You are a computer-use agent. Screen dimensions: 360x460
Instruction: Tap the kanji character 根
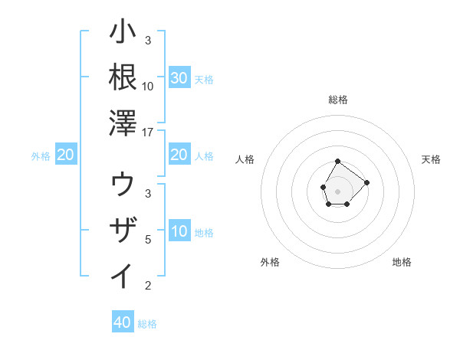pos(123,77)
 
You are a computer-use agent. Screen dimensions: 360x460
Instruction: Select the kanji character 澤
pos(123,123)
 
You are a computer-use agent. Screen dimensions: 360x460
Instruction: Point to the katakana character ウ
pos(123,184)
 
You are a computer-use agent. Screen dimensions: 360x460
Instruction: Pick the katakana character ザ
pos(123,230)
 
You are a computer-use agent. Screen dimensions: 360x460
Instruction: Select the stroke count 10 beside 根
pos(148,86)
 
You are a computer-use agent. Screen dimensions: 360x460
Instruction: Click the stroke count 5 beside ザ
pos(148,240)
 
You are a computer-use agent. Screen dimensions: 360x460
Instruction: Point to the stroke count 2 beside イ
pos(148,286)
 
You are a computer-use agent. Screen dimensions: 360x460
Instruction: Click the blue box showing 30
pos(179,78)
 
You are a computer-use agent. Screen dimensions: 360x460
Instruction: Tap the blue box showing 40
pos(123,322)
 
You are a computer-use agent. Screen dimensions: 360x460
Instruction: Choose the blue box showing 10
pos(179,232)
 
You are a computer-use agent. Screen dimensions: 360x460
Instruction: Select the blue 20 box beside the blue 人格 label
pos(179,155)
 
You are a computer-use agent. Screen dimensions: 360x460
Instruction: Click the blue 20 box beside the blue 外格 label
pos(66,155)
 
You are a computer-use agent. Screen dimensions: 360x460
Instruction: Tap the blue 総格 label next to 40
pos(147,324)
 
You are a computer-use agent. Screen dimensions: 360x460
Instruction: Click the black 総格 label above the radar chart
pos(338,100)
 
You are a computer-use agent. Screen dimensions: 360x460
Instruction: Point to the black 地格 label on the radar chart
pos(402,262)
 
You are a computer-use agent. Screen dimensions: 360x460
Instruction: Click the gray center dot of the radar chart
pos(338,190)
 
